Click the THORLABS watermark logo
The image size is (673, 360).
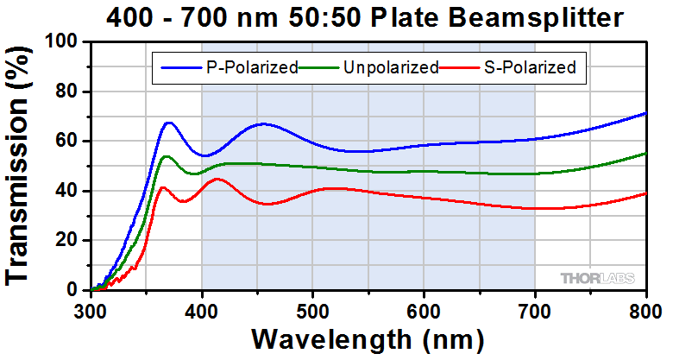597,278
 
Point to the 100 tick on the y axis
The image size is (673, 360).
66,42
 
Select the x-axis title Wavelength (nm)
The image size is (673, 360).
368,338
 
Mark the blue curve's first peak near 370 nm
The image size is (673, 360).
169,123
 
